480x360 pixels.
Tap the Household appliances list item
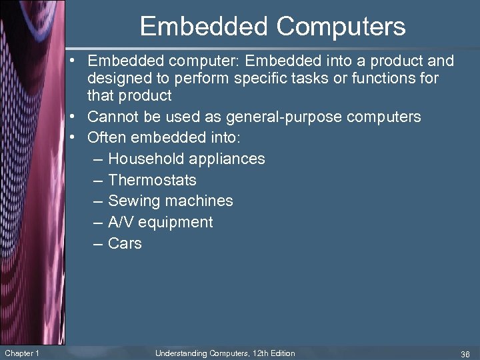[186, 159]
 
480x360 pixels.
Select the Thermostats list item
[152, 180]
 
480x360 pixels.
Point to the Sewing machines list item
[170, 201]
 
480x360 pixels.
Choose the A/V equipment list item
[160, 222]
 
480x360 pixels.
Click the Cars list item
[125, 243]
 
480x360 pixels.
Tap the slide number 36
[464, 353]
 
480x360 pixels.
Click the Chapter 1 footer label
[21, 353]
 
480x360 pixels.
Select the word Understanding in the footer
[180, 353]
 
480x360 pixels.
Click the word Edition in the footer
[282, 353]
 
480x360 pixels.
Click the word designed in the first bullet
[118, 79]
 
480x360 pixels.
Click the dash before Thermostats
[98, 180]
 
